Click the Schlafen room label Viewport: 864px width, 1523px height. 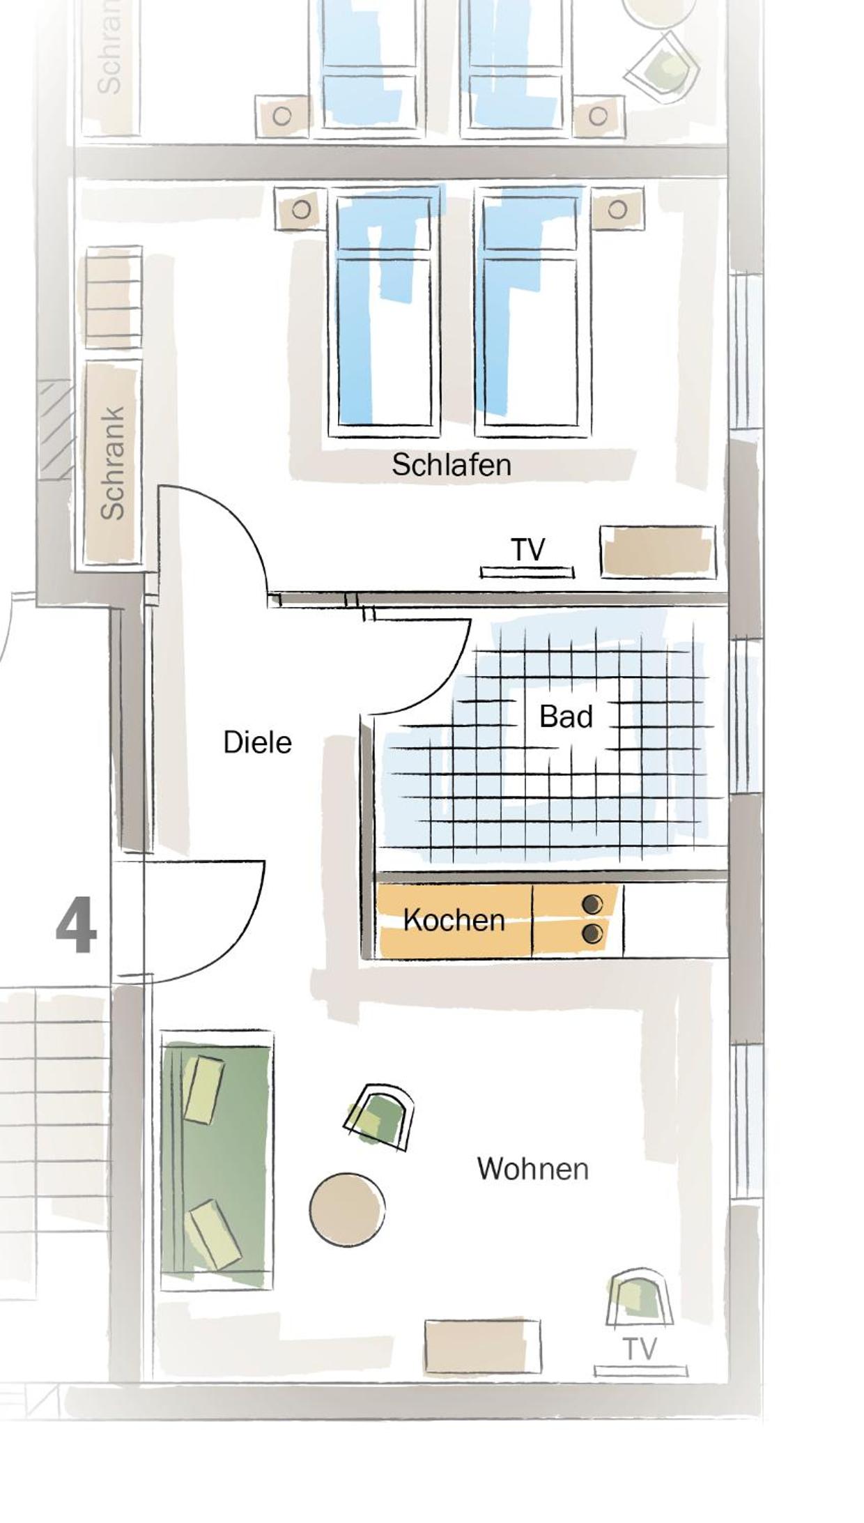click(x=452, y=464)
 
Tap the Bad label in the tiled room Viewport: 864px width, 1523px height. click(x=566, y=717)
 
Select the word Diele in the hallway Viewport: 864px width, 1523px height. click(x=257, y=742)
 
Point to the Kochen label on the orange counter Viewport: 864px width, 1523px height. click(x=454, y=920)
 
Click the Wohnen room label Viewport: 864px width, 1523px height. click(x=533, y=1169)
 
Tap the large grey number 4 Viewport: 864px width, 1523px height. click(x=76, y=927)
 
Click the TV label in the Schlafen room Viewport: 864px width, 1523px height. click(x=527, y=550)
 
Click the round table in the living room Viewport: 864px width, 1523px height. click(x=347, y=1209)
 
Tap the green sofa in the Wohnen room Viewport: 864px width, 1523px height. click(x=217, y=1160)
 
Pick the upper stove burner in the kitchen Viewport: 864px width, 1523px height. click(x=592, y=905)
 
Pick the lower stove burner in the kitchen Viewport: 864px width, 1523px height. click(x=592, y=933)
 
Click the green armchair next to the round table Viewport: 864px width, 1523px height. click(x=379, y=1116)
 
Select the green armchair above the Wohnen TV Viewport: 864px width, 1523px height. click(x=640, y=1298)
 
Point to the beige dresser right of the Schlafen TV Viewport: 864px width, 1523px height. click(x=658, y=551)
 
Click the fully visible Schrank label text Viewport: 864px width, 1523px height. click(x=112, y=463)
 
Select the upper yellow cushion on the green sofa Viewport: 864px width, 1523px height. click(x=203, y=1089)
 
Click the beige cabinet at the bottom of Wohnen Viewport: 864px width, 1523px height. click(x=483, y=1347)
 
